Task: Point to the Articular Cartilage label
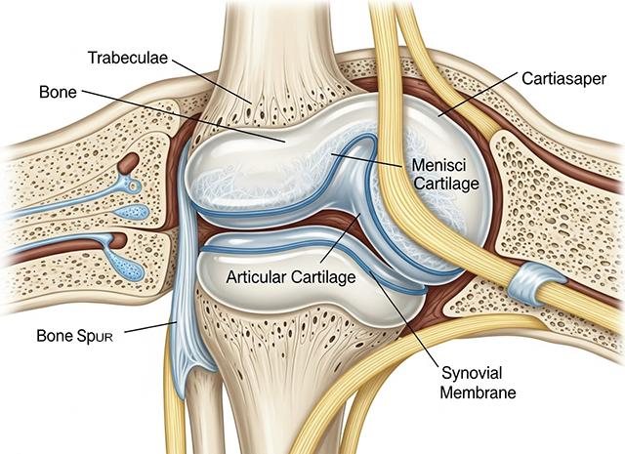(291, 276)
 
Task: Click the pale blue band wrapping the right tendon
(534, 282)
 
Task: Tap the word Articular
(257, 276)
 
